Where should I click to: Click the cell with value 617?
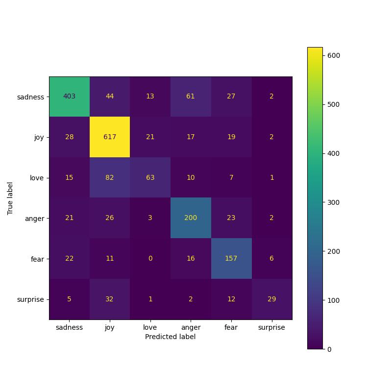point(110,137)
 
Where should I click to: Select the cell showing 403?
point(69,97)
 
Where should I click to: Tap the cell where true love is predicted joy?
point(110,177)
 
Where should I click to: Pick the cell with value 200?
point(191,218)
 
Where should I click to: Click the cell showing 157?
point(231,258)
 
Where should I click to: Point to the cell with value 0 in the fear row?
point(150,258)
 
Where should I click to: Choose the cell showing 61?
point(191,97)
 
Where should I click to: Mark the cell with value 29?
point(271,299)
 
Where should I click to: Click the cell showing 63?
point(150,177)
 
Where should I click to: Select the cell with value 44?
point(110,97)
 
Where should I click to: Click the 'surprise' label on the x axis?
point(271,327)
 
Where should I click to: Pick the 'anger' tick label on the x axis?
point(191,327)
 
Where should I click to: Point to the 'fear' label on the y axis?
point(38,258)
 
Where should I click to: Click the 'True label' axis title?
point(10,198)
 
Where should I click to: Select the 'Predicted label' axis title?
point(170,337)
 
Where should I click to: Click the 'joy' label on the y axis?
point(39,137)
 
